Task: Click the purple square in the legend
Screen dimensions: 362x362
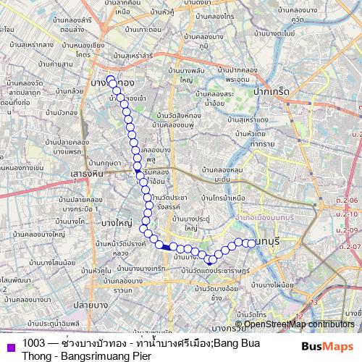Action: (x=11, y=345)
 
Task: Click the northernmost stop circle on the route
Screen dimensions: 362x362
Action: (x=111, y=80)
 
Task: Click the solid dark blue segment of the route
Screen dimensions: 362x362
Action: (x=167, y=247)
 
